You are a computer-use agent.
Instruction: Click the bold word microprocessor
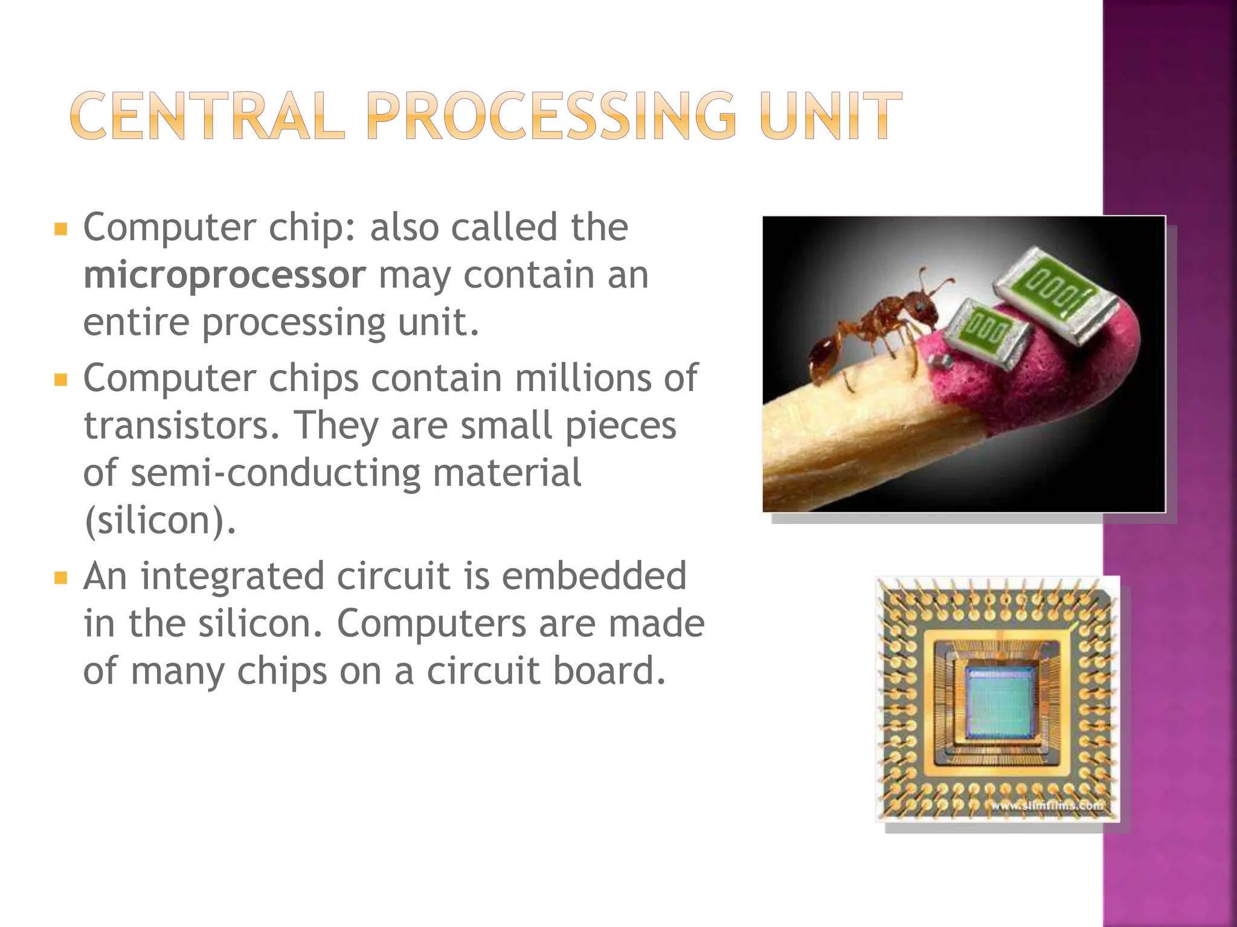[225, 276]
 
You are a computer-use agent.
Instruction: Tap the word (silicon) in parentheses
[159, 520]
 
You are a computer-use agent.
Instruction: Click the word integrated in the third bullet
[233, 576]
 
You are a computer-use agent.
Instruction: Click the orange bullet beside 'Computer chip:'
[60, 229]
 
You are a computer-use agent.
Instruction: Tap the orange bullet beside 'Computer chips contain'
[60, 380]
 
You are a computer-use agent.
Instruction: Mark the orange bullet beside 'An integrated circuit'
[60, 578]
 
